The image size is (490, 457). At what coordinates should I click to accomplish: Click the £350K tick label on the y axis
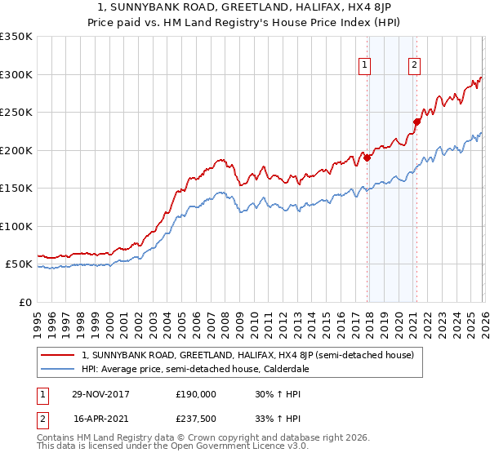tap(16, 37)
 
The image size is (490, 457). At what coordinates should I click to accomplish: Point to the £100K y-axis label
tap(16, 226)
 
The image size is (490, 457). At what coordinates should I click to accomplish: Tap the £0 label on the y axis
tap(24, 302)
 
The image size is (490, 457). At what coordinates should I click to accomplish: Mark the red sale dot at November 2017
tap(367, 158)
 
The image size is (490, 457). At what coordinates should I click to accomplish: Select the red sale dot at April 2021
tap(416, 122)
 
